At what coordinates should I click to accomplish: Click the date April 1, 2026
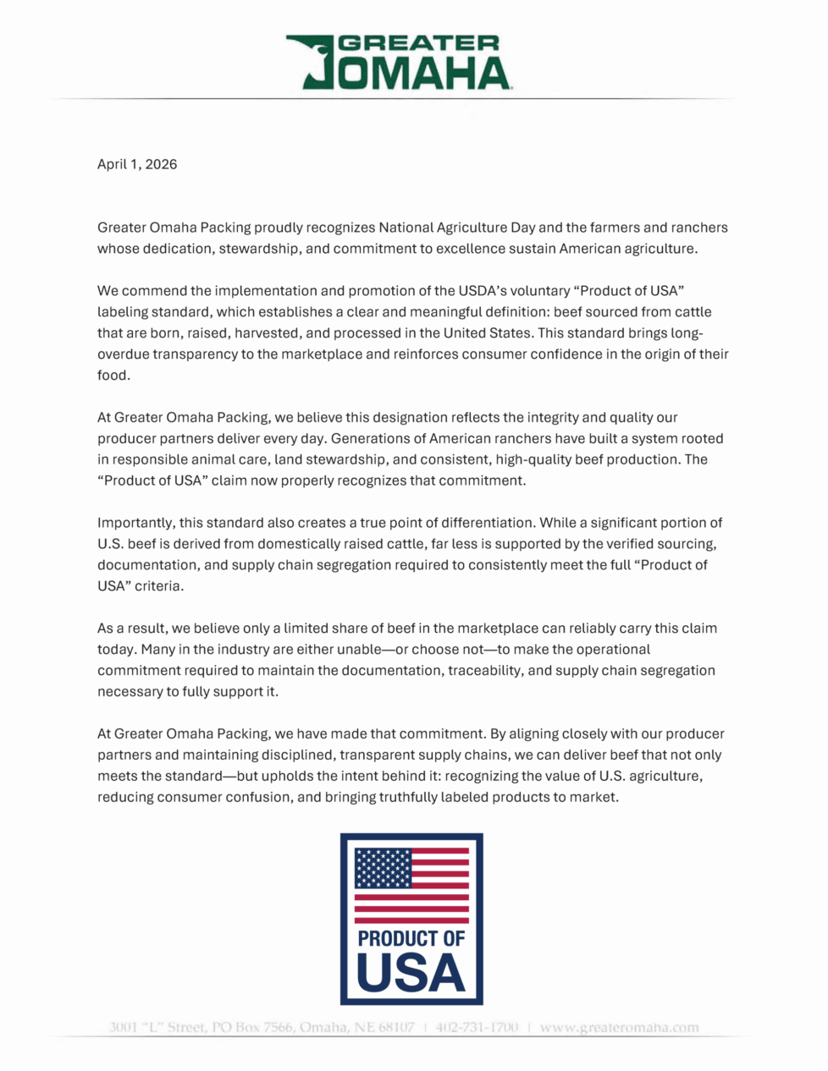pyautogui.click(x=137, y=164)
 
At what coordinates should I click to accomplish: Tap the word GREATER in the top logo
pyautogui.click(x=419, y=44)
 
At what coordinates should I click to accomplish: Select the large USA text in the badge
pyautogui.click(x=411, y=973)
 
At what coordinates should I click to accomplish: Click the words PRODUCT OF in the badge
pyautogui.click(x=411, y=938)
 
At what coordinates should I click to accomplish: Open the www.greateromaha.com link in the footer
pyautogui.click(x=619, y=1028)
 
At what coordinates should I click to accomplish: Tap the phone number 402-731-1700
pyautogui.click(x=477, y=1028)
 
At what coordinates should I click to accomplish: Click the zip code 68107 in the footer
pyautogui.click(x=396, y=1028)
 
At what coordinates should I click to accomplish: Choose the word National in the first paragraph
pyautogui.click(x=406, y=228)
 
